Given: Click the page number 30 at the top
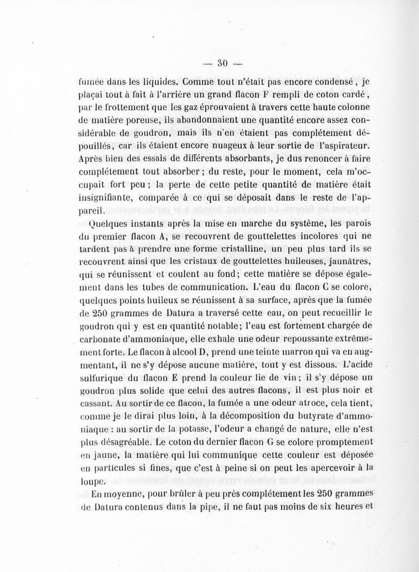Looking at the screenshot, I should coord(220,64).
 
